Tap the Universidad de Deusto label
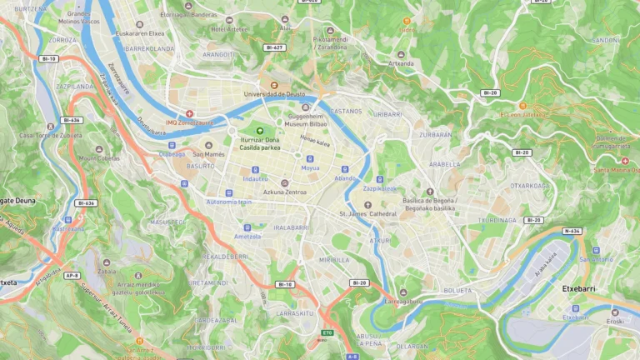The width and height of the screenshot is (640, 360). click(x=273, y=94)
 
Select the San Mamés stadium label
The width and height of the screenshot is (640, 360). click(x=208, y=154)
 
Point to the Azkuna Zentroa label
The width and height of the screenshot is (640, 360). click(x=284, y=192)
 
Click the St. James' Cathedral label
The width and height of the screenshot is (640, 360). click(x=367, y=214)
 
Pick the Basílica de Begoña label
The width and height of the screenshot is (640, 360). click(x=428, y=204)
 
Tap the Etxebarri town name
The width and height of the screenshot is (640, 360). click(x=578, y=288)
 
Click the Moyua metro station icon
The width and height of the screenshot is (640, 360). click(x=310, y=158)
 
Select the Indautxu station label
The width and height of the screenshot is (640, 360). click(x=255, y=178)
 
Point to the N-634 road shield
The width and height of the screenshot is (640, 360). click(x=572, y=231)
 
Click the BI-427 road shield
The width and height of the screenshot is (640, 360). click(x=274, y=47)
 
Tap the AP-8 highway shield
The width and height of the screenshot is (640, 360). click(x=72, y=275)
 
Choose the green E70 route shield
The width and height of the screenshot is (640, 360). click(x=327, y=333)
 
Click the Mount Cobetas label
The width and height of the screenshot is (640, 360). click(x=99, y=158)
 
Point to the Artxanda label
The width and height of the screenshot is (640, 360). click(x=401, y=62)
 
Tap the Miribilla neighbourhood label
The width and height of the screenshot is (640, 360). click(x=334, y=259)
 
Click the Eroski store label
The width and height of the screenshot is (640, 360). click(x=615, y=321)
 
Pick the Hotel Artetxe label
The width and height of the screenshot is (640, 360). click(x=230, y=28)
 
